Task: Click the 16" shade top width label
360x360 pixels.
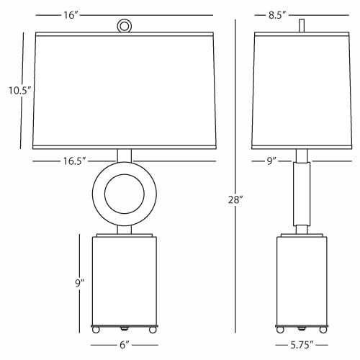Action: pos(71,15)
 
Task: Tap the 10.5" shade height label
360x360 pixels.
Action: pos(20,91)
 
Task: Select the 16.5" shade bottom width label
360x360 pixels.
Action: pos(74,161)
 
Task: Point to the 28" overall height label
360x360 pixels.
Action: pos(235,199)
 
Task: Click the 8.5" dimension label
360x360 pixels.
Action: pos(277,15)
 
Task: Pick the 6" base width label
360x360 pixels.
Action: pos(125,345)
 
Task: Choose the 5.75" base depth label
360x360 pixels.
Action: pos(302,345)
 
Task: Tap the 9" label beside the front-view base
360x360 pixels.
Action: pos(80,283)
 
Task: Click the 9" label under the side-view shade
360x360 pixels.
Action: pos(271,161)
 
